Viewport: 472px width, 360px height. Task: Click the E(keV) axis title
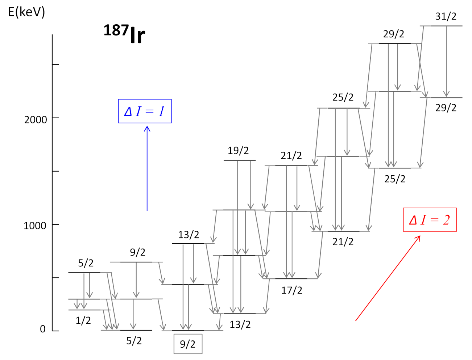tap(26, 12)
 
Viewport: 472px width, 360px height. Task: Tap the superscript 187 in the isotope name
tap(116, 30)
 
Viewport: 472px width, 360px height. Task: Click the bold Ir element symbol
tap(137, 36)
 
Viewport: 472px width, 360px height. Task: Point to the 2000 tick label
tap(36, 119)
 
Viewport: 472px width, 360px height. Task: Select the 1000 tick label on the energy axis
tap(35, 225)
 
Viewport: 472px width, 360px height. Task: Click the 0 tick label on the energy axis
tap(43, 329)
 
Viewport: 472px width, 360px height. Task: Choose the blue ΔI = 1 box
tap(145, 111)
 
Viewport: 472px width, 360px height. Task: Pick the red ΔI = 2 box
tap(430, 220)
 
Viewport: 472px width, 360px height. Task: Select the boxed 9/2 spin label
tap(188, 344)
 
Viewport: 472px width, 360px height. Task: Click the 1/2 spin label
tap(83, 320)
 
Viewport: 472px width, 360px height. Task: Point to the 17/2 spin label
tap(292, 290)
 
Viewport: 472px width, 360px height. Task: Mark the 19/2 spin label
tap(238, 151)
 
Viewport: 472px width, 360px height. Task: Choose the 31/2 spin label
tap(446, 16)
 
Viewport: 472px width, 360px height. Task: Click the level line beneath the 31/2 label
tap(446, 26)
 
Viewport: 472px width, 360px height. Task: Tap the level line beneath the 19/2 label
tap(240, 160)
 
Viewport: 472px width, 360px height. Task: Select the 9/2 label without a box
tap(138, 252)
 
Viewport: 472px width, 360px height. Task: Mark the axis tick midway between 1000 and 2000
tap(55, 171)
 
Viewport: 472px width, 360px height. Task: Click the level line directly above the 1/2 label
tap(84, 310)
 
